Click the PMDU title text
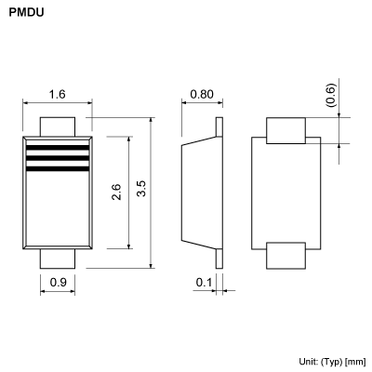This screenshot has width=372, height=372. coord(26,16)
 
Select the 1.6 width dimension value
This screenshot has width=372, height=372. coord(57,94)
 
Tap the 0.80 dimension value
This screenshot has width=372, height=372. coord(202,94)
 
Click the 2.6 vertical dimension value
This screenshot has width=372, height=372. coord(116,192)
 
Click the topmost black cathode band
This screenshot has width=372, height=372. coord(57,147)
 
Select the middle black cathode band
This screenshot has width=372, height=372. coord(57,158)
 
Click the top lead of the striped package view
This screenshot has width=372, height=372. coord(57,126)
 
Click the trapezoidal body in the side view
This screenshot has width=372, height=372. coord(200,193)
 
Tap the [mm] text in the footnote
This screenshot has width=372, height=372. coord(355,360)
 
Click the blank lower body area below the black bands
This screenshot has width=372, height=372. coord(57,209)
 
